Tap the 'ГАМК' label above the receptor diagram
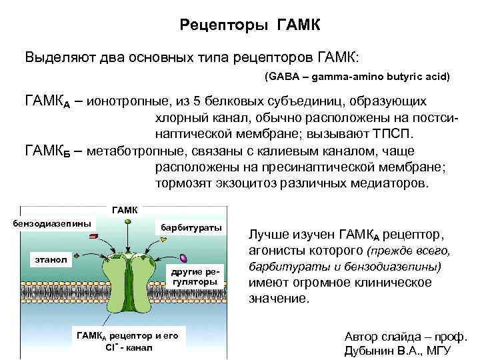(125, 210)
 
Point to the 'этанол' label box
(51, 258)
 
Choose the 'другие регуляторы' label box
(194, 277)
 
